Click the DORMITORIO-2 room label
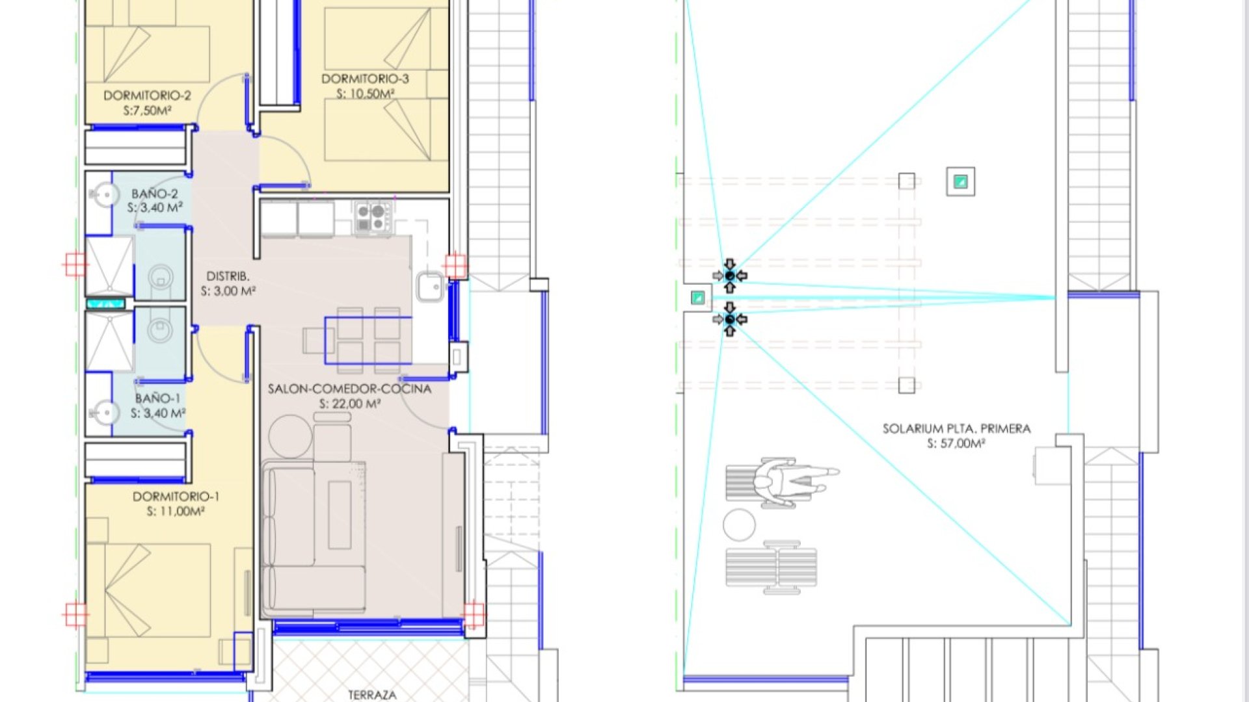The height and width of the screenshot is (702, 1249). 147,96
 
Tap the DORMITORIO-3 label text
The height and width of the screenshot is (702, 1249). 365,79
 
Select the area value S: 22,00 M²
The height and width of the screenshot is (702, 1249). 349,404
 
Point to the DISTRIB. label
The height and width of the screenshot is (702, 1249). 228,276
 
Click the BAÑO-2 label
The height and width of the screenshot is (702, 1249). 154,194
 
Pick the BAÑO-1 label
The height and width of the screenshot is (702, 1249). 157,398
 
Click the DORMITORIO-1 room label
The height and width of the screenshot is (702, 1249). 176,497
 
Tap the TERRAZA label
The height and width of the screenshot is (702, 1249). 371,695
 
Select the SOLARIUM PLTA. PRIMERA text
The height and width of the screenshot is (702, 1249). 956,429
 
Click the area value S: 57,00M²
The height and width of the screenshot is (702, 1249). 956,443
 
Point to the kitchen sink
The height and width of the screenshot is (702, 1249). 430,286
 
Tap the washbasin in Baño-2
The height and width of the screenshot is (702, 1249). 104,194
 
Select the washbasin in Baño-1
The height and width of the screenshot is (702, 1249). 104,412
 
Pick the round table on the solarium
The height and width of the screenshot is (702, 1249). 739,525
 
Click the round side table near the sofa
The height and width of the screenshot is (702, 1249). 290,436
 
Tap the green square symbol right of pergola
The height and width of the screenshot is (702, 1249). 960,181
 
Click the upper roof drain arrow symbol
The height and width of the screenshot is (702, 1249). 729,276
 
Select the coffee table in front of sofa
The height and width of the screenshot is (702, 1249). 339,515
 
